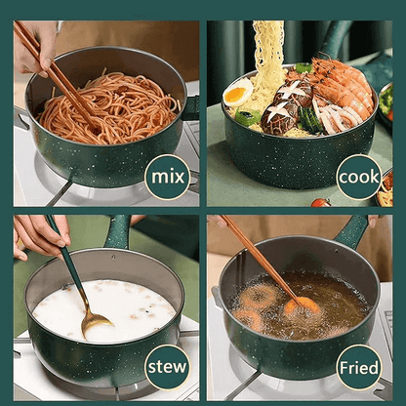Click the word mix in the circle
click(x=167, y=177)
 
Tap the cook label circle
click(x=358, y=177)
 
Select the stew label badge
click(x=167, y=369)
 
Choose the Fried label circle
click(x=358, y=369)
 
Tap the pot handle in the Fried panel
click(x=351, y=232)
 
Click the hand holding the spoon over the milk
click(x=39, y=234)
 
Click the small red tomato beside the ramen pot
click(x=320, y=202)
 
